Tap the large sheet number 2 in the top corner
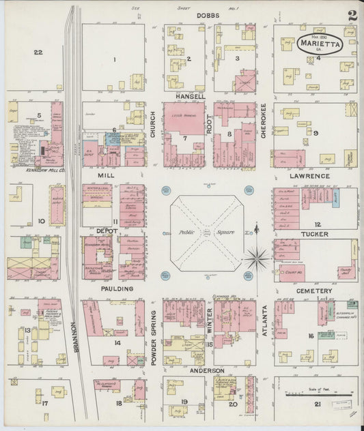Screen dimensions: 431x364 point(351,15)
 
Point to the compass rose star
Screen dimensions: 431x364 point(256,258)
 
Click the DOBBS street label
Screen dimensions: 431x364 point(208,14)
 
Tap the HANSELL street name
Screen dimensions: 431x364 point(190,97)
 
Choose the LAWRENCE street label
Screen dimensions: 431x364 point(309,176)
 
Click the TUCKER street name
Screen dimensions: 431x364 point(314,234)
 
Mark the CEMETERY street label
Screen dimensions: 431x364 point(314,291)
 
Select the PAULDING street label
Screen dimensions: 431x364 point(117,288)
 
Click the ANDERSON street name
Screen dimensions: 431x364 point(208,370)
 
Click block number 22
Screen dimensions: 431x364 point(38,53)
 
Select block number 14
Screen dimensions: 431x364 point(117,343)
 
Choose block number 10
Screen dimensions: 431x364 point(41,221)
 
